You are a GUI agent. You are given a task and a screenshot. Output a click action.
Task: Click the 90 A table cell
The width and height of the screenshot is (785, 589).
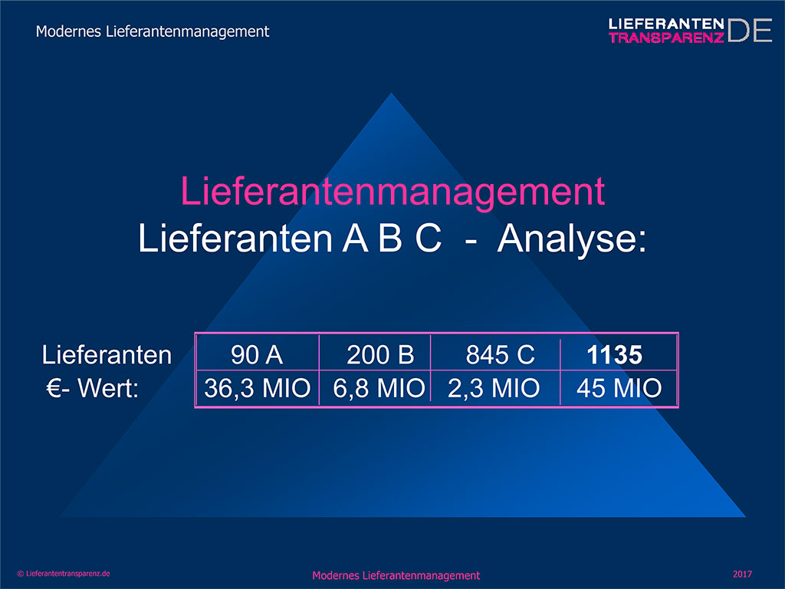click(x=257, y=354)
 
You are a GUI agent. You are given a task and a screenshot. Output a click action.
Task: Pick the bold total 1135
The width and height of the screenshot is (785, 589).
click(x=614, y=355)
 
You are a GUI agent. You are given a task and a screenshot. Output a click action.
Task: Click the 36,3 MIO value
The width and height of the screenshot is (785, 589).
click(x=258, y=388)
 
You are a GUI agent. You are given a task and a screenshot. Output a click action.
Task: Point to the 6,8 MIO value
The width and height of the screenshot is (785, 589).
click(x=379, y=388)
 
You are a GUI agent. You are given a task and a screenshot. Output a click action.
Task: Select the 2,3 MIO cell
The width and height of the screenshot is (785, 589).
click(x=494, y=388)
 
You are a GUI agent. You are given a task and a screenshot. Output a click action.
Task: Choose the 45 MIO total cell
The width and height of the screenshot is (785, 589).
click(x=619, y=388)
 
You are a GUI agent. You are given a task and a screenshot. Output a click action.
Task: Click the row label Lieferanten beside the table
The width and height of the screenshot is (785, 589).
click(x=107, y=354)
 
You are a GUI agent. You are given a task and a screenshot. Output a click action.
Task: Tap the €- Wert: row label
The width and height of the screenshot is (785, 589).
click(x=93, y=388)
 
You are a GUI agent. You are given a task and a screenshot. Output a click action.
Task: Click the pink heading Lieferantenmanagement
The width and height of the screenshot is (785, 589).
click(x=392, y=192)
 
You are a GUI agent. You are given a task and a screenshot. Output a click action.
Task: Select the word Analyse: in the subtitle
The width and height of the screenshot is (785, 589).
click(x=572, y=239)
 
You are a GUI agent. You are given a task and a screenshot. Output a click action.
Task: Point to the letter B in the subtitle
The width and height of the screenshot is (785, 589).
click(x=390, y=238)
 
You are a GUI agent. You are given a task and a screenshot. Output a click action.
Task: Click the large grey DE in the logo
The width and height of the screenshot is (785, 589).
click(x=750, y=31)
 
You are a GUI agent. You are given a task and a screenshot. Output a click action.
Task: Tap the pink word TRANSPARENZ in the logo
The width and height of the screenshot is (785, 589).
click(x=666, y=38)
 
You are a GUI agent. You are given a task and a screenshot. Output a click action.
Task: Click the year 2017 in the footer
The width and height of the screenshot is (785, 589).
click(x=742, y=574)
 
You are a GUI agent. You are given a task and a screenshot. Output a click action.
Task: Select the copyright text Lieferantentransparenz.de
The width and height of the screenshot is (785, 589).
click(x=67, y=574)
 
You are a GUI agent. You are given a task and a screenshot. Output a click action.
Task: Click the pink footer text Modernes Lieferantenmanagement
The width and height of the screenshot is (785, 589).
click(x=396, y=575)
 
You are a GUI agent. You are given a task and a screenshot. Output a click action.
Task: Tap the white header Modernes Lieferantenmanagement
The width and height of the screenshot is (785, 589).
click(x=153, y=31)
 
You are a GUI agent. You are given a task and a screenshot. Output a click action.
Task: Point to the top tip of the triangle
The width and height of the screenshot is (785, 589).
click(x=392, y=93)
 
